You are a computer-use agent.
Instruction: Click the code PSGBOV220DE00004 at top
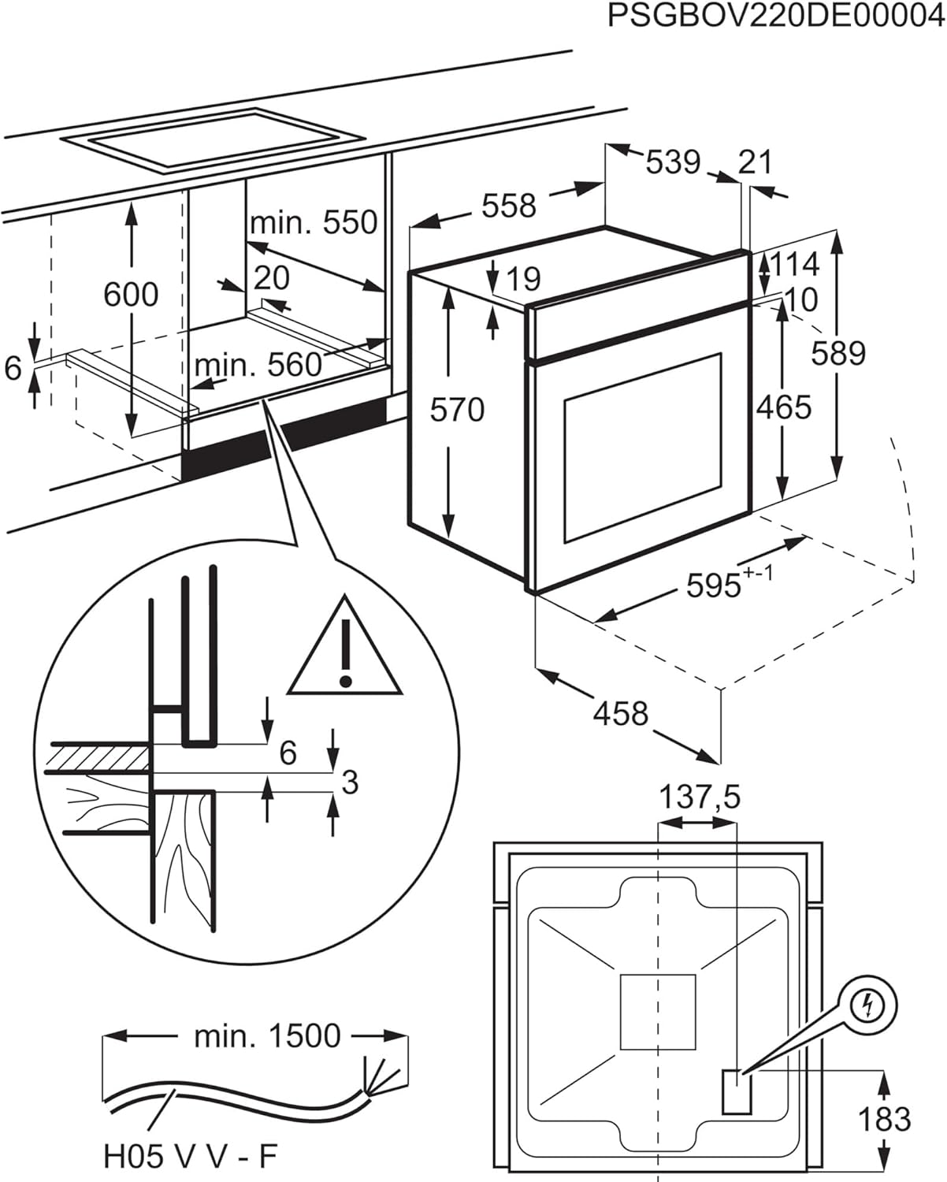pyautogui.click(x=775, y=16)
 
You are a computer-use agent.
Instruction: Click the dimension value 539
pyautogui.click(x=672, y=162)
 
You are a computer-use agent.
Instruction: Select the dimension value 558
pyautogui.click(x=508, y=206)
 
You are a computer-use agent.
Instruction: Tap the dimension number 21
pyautogui.click(x=756, y=162)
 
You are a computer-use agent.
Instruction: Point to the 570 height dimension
pyautogui.click(x=457, y=410)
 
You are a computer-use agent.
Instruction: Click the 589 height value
pyautogui.click(x=838, y=353)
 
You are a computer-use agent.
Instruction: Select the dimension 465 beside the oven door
pyautogui.click(x=783, y=407)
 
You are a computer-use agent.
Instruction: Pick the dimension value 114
pyautogui.click(x=794, y=265)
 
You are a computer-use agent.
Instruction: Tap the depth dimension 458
pyautogui.click(x=620, y=713)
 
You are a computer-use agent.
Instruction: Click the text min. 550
pyautogui.click(x=314, y=223)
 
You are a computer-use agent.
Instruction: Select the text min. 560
pyautogui.click(x=258, y=365)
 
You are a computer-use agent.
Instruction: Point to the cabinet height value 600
pyautogui.click(x=131, y=295)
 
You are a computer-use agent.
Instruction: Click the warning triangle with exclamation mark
pyautogui.click(x=344, y=651)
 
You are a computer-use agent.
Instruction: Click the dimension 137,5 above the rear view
pyautogui.click(x=700, y=797)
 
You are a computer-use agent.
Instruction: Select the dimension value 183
pyautogui.click(x=884, y=1119)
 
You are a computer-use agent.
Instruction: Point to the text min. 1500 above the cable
pyautogui.click(x=267, y=1036)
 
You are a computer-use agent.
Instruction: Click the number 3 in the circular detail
pyautogui.click(x=351, y=782)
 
